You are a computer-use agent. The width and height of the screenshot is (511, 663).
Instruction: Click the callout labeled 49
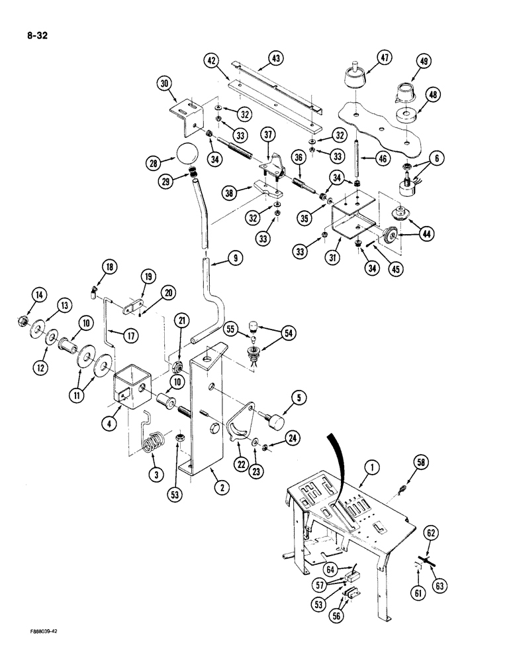click(424, 62)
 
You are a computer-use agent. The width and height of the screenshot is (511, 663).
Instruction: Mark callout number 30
click(166, 84)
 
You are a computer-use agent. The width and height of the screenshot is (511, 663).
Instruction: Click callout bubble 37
click(269, 136)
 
